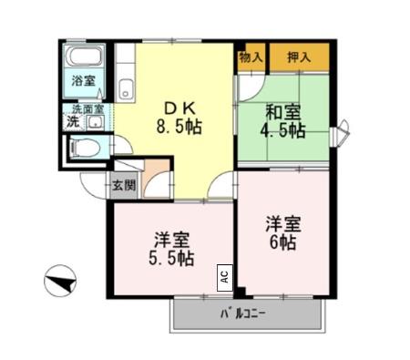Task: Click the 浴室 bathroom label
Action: coord(84,81)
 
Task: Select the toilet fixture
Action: coord(81,149)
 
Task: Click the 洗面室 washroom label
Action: coord(89,108)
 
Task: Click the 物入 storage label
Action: coord(251,57)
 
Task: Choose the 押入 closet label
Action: coord(298,57)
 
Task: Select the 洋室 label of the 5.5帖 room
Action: coord(171,240)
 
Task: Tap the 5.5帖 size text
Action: coord(172,259)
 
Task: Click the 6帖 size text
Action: coord(282,244)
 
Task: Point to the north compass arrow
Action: coord(60,280)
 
